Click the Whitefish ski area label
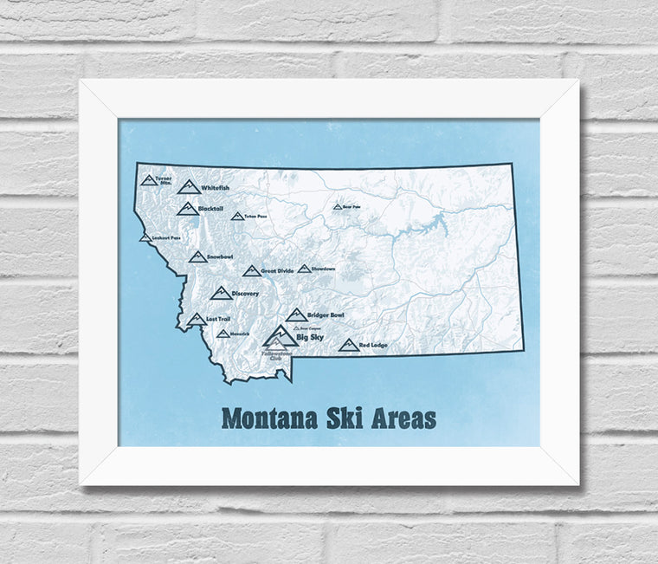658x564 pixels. tap(216, 188)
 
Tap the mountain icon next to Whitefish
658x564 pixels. tap(188, 186)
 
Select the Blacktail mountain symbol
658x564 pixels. tap(186, 209)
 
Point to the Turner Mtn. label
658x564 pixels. tap(164, 181)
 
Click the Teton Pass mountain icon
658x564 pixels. tap(236, 216)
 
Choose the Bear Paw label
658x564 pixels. tap(351, 207)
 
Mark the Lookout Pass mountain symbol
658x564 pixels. tap(145, 237)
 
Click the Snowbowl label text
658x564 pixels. tap(221, 257)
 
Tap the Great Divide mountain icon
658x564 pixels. tap(251, 271)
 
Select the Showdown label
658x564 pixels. tap(323, 269)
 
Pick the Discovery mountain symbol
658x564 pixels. tap(221, 294)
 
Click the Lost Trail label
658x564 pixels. tap(217, 319)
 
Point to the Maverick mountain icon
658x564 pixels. tap(223, 334)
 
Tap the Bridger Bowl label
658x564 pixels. tap(326, 315)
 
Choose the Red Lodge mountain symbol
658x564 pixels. tap(348, 345)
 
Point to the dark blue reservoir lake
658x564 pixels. tap(433, 228)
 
